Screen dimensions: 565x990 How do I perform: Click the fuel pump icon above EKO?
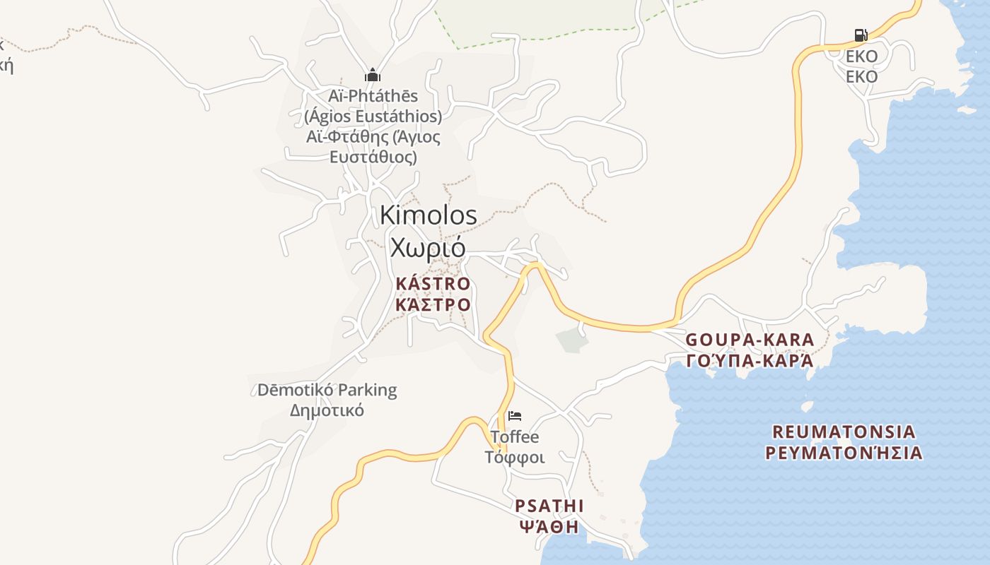tap(861, 35)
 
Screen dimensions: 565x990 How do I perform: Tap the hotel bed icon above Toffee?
tap(515, 416)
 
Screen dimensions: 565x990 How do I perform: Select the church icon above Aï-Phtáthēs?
tap(373, 76)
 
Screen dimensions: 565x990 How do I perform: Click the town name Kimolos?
tap(429, 215)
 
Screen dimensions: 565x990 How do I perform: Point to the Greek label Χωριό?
tap(428, 248)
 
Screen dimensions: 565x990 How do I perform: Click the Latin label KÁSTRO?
tap(433, 284)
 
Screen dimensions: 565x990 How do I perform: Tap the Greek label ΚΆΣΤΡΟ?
tap(433, 305)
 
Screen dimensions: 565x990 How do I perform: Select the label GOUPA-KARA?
tap(750, 340)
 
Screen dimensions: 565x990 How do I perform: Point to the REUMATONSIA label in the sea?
tap(844, 432)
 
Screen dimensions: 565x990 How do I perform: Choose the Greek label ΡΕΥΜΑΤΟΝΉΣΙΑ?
tap(844, 453)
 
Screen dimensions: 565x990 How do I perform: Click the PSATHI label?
tap(549, 506)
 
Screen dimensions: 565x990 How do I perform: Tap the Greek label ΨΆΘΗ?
tap(549, 527)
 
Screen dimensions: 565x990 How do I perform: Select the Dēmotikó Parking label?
tap(327, 390)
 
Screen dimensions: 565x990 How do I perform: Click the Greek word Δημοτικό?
tap(327, 410)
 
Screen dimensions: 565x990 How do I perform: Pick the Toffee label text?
tap(515, 437)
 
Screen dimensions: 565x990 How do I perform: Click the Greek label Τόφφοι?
tap(515, 458)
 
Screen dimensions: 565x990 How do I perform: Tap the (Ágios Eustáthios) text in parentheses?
tap(373, 116)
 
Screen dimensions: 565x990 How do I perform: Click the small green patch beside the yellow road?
tap(572, 340)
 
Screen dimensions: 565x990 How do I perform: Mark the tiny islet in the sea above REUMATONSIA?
tap(807, 406)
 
